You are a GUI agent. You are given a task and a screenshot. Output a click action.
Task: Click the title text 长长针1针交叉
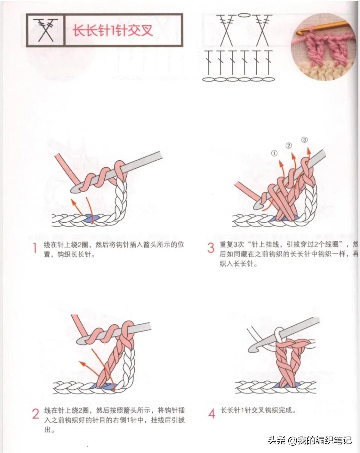click(113, 31)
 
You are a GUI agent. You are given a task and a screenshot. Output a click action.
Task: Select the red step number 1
click(35, 248)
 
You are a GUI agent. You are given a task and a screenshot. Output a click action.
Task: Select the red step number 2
click(36, 414)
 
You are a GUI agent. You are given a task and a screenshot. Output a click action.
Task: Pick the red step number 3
click(211, 248)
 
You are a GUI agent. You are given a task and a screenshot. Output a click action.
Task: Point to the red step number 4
click(212, 414)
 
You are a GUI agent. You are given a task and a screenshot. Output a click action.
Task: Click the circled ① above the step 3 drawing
click(274, 153)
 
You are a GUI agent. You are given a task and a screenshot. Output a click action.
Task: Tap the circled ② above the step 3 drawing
click(289, 146)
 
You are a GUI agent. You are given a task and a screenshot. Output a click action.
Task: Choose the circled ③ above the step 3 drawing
click(304, 140)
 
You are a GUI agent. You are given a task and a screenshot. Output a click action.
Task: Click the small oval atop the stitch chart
click(244, 15)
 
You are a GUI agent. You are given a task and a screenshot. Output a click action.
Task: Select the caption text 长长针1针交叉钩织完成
click(258, 410)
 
